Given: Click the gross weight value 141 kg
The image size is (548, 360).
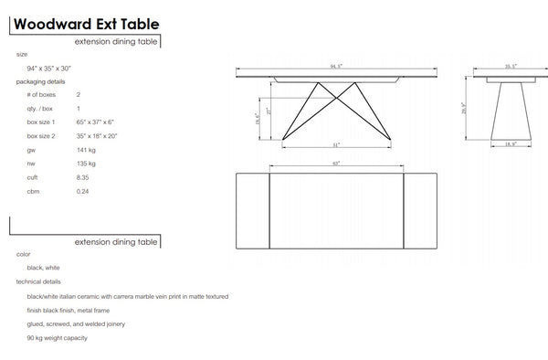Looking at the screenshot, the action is click(87, 150).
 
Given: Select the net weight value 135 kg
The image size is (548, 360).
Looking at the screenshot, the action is click(87, 164).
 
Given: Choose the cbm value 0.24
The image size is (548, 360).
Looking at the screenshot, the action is click(83, 191).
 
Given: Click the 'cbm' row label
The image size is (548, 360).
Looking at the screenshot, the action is click(33, 191).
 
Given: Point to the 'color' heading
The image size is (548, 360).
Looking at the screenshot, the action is click(23, 254).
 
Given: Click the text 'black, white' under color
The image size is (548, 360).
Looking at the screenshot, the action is click(45, 269).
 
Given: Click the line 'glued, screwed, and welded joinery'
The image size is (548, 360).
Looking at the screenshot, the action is click(83, 324).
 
